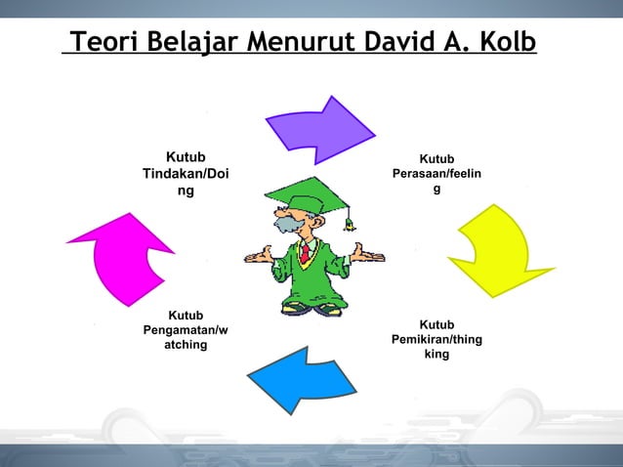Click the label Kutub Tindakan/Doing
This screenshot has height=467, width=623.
click(x=186, y=174)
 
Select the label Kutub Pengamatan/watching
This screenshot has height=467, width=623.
click(x=186, y=330)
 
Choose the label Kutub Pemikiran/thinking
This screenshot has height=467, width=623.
click(x=436, y=339)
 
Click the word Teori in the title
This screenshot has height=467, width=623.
click(x=104, y=44)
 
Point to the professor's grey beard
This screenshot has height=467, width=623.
click(x=287, y=228)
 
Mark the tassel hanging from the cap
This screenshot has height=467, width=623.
click(x=350, y=219)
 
